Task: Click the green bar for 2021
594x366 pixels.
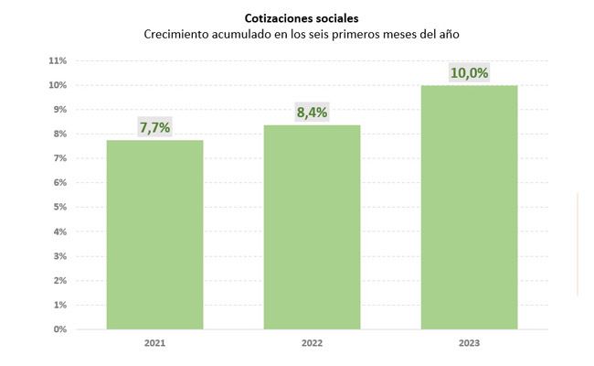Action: coord(154,234)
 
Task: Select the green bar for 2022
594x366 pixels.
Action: coord(312,227)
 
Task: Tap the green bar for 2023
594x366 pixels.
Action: coord(469,207)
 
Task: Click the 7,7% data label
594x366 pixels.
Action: coord(154,127)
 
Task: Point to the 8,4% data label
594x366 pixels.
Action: coord(312,113)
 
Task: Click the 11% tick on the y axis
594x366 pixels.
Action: coord(58,61)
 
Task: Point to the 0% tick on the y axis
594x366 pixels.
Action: coord(60,328)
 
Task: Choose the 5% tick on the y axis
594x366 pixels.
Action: coord(60,207)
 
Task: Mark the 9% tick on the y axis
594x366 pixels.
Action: coord(60,110)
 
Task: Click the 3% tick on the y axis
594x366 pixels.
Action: coord(60,255)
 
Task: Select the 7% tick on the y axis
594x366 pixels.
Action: coord(60,158)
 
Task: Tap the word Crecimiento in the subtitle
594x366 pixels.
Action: coord(178,34)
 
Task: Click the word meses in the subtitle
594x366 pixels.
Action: coord(368,34)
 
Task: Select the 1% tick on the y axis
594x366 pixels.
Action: coord(60,304)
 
